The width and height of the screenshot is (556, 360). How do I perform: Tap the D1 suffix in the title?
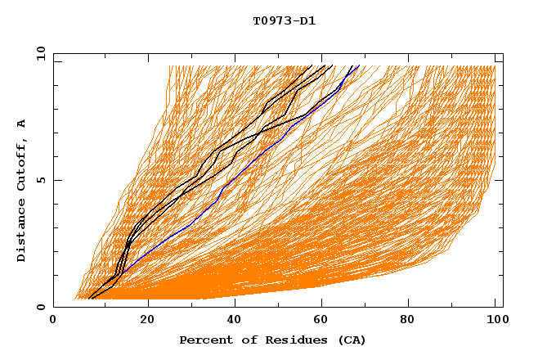(307, 20)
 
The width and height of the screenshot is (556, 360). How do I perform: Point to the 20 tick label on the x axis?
(148, 322)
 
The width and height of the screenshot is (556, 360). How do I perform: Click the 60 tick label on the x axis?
(325, 322)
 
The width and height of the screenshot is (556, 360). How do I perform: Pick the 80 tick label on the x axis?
(414, 322)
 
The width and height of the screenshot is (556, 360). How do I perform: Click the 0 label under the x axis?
(53, 322)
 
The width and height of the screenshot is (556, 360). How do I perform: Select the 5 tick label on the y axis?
(39, 180)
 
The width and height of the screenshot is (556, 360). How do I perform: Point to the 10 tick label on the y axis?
(39, 53)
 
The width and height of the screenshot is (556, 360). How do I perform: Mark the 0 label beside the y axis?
(39, 307)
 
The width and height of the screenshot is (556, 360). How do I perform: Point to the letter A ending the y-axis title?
(22, 124)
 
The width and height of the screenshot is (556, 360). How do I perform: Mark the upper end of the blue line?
(358, 65)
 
